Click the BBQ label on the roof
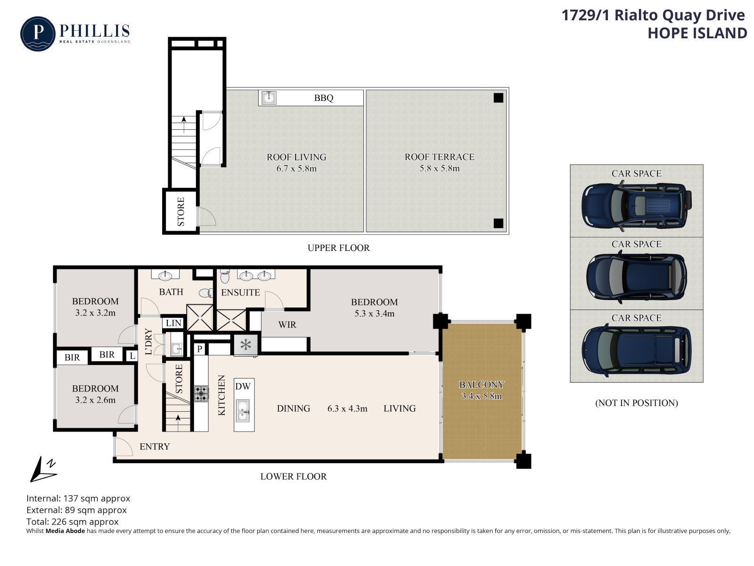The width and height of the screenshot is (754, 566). [x=323, y=98]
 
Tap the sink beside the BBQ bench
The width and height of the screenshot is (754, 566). [x=269, y=98]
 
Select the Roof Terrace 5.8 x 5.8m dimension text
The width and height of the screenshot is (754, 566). [x=439, y=168]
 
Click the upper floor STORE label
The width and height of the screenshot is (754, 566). [x=180, y=211]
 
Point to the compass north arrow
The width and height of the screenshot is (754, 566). [x=43, y=469]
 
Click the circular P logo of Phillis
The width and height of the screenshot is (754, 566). [x=38, y=33]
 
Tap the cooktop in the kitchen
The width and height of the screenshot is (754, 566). [x=201, y=394]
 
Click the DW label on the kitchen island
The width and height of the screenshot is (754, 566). [x=243, y=386]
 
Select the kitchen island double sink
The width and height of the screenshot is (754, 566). [x=243, y=410]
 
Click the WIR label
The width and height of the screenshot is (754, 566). [x=287, y=325]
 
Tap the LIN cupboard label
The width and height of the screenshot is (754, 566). [x=173, y=323]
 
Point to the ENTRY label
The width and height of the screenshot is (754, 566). [x=155, y=446]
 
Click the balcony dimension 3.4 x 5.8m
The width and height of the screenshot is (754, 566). [x=482, y=396]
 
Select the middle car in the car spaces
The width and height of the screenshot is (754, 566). [x=637, y=277]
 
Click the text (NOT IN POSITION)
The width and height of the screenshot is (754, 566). [x=637, y=403]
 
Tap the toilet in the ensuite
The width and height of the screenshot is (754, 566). [x=225, y=276]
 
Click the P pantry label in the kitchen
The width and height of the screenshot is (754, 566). [x=200, y=350]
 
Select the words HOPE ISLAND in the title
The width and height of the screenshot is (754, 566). [x=697, y=33]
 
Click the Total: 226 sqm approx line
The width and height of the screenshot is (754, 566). [x=73, y=522]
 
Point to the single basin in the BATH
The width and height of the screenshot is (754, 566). [x=165, y=275]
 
